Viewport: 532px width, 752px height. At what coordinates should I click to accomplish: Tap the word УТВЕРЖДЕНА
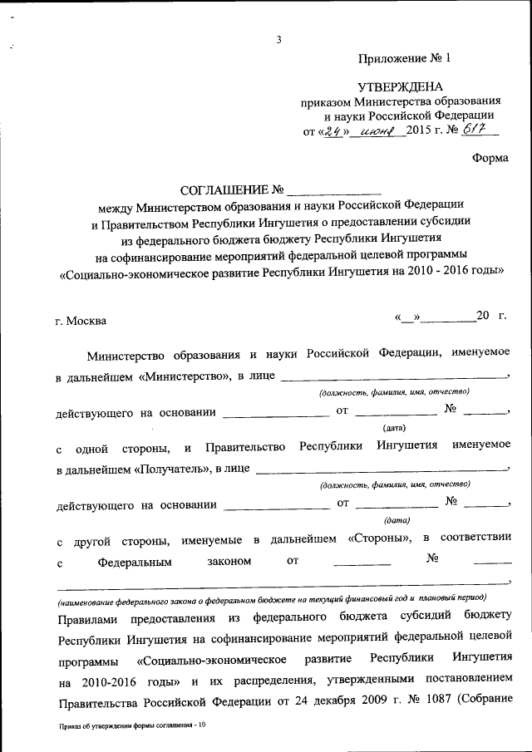400,86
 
